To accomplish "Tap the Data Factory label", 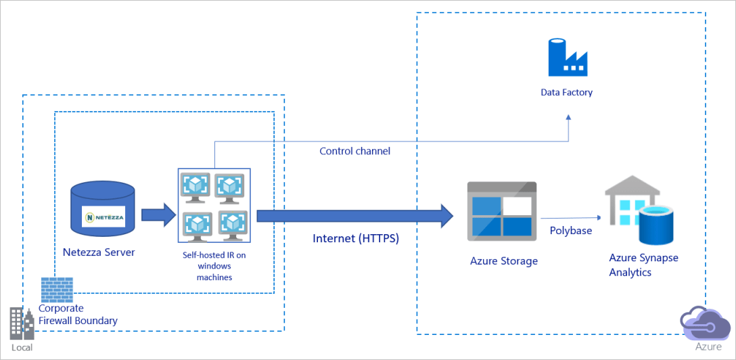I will pyautogui.click(x=566, y=92).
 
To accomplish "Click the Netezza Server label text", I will pyautogui.click(x=99, y=252).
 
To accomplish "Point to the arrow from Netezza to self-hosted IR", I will pyautogui.click(x=158, y=215).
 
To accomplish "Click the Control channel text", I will pyautogui.click(x=354, y=151).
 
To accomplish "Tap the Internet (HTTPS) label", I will pyautogui.click(x=355, y=238).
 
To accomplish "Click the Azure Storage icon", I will pyautogui.click(x=502, y=211).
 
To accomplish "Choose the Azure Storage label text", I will pyautogui.click(x=504, y=261).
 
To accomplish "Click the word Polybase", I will pyautogui.click(x=571, y=230).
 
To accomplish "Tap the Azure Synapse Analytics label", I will pyautogui.click(x=643, y=265).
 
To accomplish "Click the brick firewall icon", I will pyautogui.click(x=57, y=289).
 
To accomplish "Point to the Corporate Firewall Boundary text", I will pyautogui.click(x=78, y=315).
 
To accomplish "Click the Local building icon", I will pyautogui.click(x=21, y=323).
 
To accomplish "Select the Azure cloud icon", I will pyautogui.click(x=706, y=323).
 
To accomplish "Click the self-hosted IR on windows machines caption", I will pyautogui.click(x=214, y=266).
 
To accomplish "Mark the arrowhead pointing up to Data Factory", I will pyautogui.click(x=568, y=118).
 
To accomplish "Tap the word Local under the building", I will pyautogui.click(x=21, y=347).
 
